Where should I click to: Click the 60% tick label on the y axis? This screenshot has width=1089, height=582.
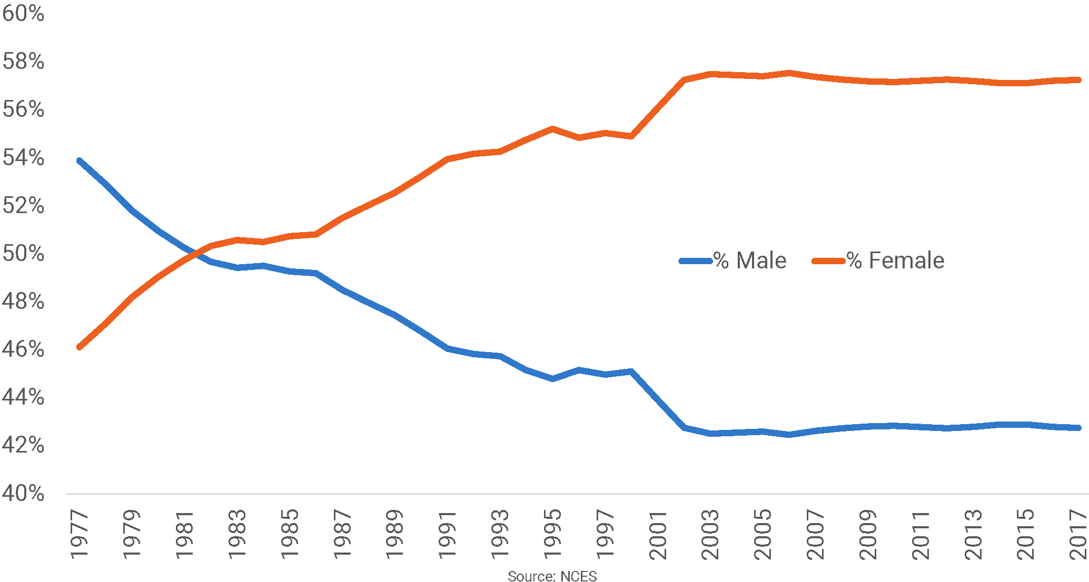pyautogui.click(x=23, y=13)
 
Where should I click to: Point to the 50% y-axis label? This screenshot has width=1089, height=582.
pyautogui.click(x=23, y=254)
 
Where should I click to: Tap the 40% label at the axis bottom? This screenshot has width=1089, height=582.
pyautogui.click(x=23, y=494)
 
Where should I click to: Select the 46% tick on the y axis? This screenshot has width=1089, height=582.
pyautogui.click(x=23, y=349)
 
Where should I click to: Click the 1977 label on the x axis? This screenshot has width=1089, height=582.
pyautogui.click(x=80, y=534)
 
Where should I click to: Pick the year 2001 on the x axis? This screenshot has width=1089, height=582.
pyautogui.click(x=658, y=534)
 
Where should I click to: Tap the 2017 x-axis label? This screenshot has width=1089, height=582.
pyautogui.click(x=1079, y=534)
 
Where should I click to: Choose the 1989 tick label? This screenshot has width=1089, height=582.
pyautogui.click(x=395, y=534)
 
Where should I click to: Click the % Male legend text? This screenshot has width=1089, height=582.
pyautogui.click(x=750, y=260)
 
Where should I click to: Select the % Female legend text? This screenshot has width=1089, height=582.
pyautogui.click(x=895, y=260)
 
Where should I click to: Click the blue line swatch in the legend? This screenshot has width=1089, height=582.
pyautogui.click(x=696, y=261)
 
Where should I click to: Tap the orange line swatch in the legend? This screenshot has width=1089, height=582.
pyautogui.click(x=828, y=261)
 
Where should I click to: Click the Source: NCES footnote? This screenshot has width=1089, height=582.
pyautogui.click(x=552, y=576)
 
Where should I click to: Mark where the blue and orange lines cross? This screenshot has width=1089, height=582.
pyautogui.click(x=194, y=254)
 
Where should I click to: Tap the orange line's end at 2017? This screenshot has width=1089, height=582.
pyautogui.click(x=1078, y=80)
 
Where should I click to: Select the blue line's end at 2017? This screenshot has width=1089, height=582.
pyautogui.click(x=1078, y=428)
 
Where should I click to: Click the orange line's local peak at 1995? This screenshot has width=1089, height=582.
pyautogui.click(x=552, y=128)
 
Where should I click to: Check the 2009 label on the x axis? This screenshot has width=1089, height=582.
pyautogui.click(x=868, y=534)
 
